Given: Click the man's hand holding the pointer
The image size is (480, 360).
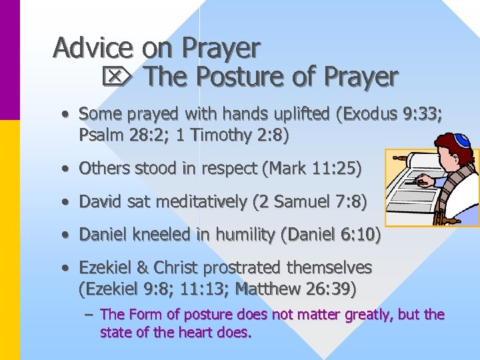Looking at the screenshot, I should point(423,181).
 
